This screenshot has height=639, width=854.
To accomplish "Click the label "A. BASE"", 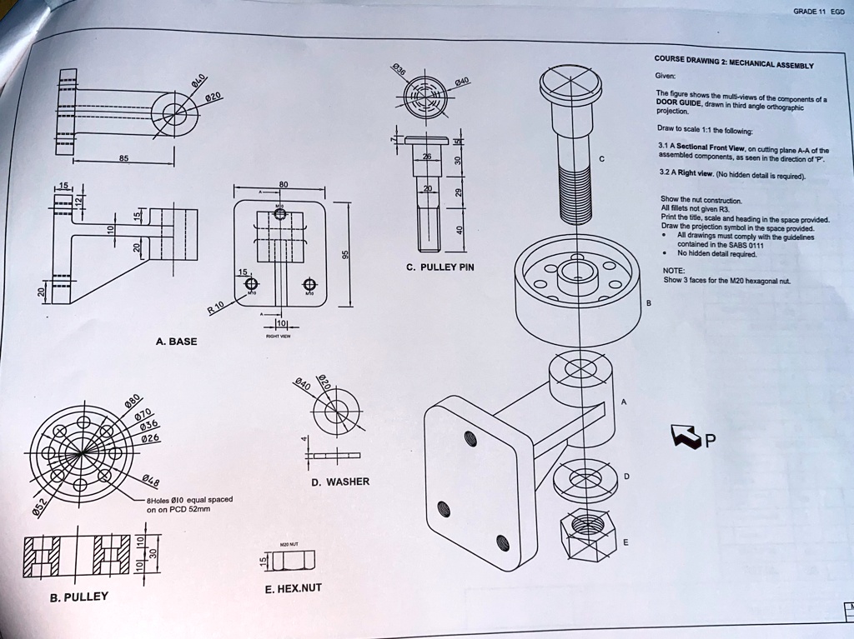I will pos(176,342).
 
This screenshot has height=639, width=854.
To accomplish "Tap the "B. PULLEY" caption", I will pos(78,597).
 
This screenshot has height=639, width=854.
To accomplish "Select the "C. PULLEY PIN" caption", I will pos(440,267).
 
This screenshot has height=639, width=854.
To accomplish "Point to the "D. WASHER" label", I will pos(340,482).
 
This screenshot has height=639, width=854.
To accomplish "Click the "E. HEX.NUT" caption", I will pos(293,588).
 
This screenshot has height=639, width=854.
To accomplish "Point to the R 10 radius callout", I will pos(217,310).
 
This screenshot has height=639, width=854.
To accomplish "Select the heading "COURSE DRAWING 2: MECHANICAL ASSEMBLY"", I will pos(733,62).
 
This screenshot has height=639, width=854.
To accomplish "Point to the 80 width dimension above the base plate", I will pos(283,185).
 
